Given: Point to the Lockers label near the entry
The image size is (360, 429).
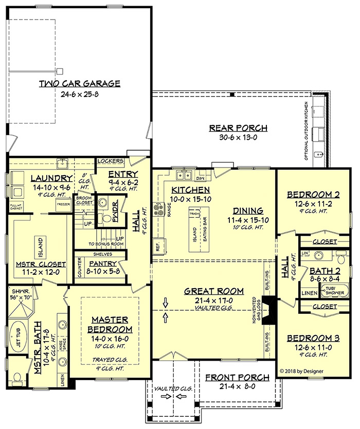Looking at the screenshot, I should click(109, 161).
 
